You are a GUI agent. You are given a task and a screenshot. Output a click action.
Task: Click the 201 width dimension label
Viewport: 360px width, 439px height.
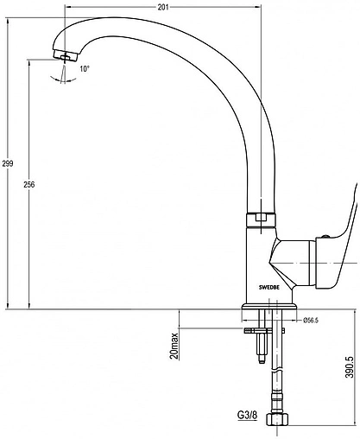(x=163, y=8)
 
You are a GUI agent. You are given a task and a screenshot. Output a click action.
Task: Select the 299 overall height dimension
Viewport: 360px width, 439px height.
(x=8, y=163)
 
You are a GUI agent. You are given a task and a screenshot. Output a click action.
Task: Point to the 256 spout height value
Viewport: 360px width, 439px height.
(x=28, y=184)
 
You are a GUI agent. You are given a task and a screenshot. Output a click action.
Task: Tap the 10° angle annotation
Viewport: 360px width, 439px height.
(x=85, y=69)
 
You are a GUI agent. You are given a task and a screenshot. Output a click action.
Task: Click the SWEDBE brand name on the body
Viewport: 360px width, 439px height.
(x=268, y=287)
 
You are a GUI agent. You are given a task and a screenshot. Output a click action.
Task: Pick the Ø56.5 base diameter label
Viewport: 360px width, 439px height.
(x=311, y=320)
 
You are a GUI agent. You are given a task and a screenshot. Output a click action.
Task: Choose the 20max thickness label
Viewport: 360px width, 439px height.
(x=174, y=345)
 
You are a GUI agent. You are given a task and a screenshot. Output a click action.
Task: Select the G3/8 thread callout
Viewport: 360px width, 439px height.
(x=247, y=416)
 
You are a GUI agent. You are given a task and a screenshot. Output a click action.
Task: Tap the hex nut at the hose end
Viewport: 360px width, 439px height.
(x=277, y=419)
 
